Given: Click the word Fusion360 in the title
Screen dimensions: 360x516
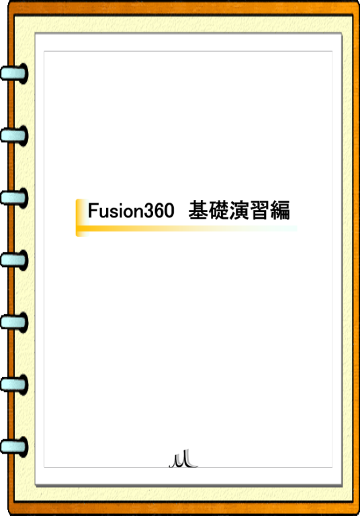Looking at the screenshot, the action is [x=131, y=211].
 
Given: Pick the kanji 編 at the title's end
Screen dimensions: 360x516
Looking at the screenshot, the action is [x=280, y=210].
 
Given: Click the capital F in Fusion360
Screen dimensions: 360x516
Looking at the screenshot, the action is [x=93, y=210].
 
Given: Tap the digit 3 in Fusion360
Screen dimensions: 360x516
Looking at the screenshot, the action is [x=149, y=211].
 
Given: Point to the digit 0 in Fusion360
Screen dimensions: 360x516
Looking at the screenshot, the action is [x=169, y=211].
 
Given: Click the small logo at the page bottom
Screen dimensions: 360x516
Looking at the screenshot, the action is [x=183, y=459].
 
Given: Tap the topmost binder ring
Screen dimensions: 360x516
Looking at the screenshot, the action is [x=14, y=73].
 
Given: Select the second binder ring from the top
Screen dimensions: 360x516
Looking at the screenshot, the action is [x=14, y=136].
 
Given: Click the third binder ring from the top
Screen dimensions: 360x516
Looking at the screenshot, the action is [x=14, y=198].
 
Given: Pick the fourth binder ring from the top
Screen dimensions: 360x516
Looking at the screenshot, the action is [x=14, y=260].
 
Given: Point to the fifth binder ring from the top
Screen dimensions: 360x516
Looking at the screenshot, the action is [x=14, y=322].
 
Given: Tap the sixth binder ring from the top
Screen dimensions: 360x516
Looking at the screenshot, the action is [x=14, y=384].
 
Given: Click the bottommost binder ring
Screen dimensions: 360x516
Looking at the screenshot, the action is [x=14, y=447].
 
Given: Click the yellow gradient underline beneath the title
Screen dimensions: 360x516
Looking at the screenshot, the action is [x=187, y=228].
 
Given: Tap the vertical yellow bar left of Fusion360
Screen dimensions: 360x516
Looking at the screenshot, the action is [x=79, y=217].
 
